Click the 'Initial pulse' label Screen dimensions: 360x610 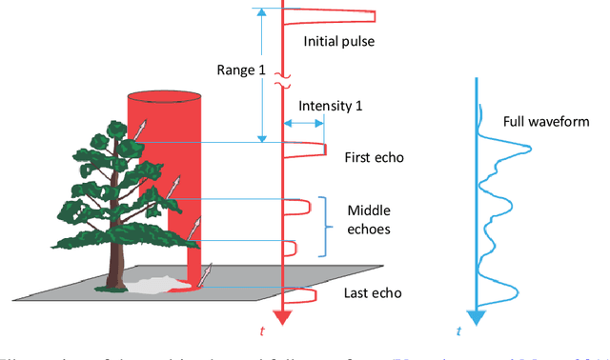(x=339, y=41)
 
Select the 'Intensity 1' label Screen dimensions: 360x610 (x=330, y=106)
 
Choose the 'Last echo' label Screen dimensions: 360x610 (x=369, y=292)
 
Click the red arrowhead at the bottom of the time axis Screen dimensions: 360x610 (x=282, y=317)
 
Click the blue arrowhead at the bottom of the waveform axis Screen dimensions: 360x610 (x=476, y=316)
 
